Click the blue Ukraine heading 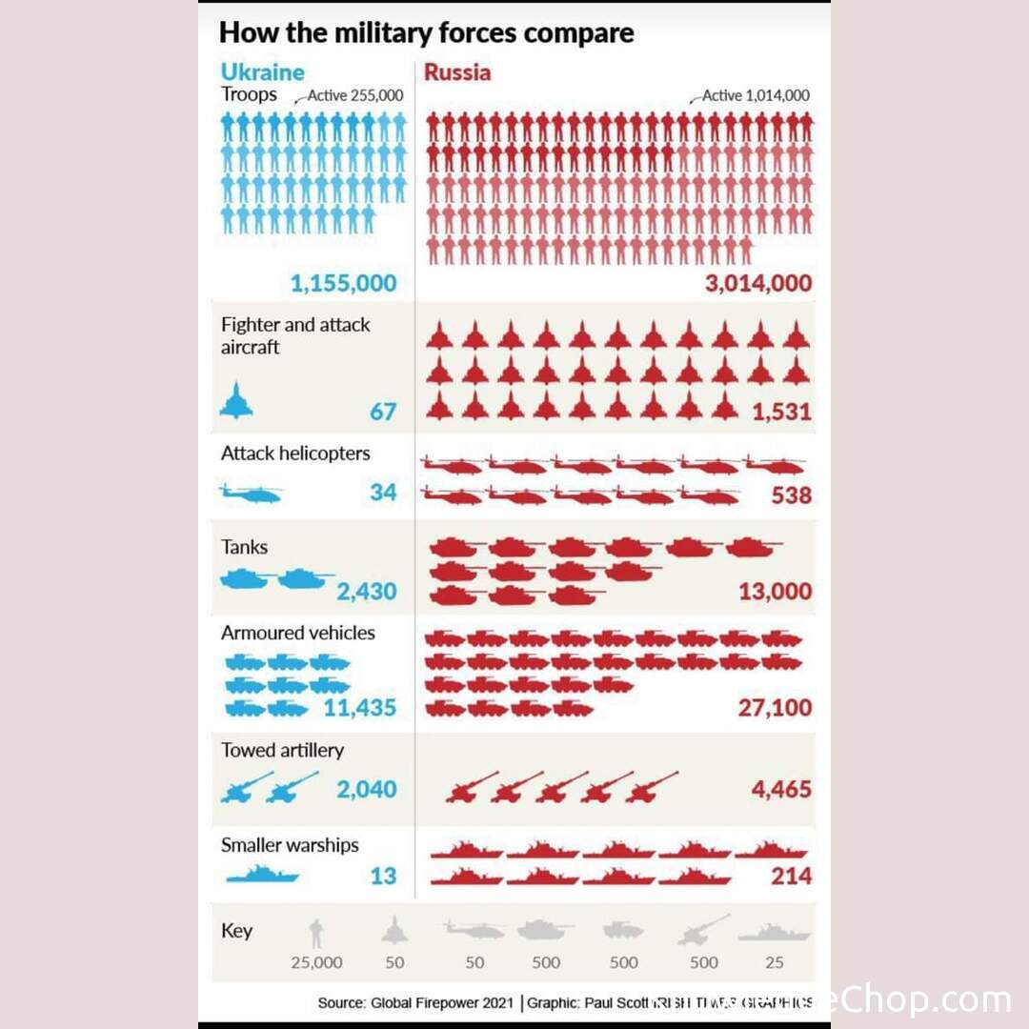pyautogui.click(x=263, y=71)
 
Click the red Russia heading pyautogui.click(x=457, y=71)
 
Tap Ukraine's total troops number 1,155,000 pyautogui.click(x=343, y=283)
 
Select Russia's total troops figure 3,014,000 pyautogui.click(x=758, y=283)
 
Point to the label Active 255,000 pyautogui.click(x=355, y=96)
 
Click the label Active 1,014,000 pyautogui.click(x=757, y=96)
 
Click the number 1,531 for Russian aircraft pyautogui.click(x=781, y=413)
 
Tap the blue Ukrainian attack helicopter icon pyautogui.click(x=251, y=494)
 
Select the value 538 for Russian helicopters pyautogui.click(x=792, y=495)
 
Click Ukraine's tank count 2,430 pyautogui.click(x=366, y=593)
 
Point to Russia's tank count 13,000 pyautogui.click(x=776, y=592)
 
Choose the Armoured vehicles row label pyautogui.click(x=298, y=633)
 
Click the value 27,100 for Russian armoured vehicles pyautogui.click(x=775, y=708)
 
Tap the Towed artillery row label pyautogui.click(x=282, y=750)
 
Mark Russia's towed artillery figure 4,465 pyautogui.click(x=780, y=789)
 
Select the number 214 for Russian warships pyautogui.click(x=792, y=876)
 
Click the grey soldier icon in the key pyautogui.click(x=316, y=933)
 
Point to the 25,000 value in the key pyautogui.click(x=316, y=962)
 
